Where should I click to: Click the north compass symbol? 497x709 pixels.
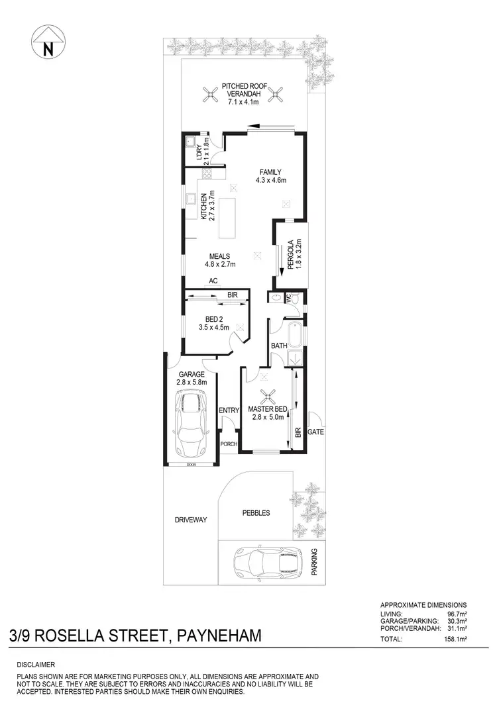47,44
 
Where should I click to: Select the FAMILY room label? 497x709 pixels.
270,176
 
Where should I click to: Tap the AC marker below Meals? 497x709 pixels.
213,281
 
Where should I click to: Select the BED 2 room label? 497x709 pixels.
213,322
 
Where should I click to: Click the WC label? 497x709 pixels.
289,299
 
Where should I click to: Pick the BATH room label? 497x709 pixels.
278,346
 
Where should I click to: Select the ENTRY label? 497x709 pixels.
229,411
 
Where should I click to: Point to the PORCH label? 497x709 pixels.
229,444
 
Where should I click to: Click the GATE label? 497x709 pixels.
315,432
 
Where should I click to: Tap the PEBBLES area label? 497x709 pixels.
256,512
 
